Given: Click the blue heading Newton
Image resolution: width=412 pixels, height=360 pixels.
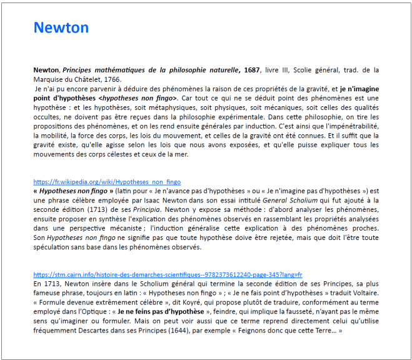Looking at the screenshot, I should point(61,27).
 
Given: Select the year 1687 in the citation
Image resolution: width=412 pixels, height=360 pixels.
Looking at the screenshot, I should point(252,70).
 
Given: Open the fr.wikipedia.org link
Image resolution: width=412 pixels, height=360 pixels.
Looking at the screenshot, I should point(107,182).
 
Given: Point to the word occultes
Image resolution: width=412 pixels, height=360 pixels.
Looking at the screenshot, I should point(49,117).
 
